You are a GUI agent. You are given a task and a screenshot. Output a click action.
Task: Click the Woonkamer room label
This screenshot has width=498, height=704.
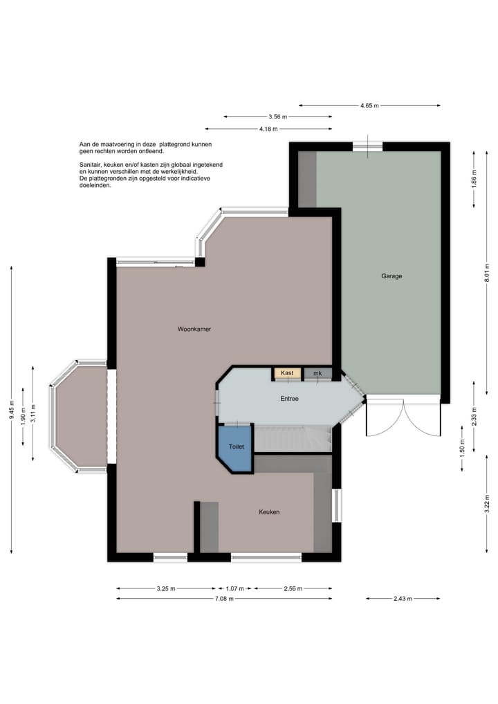tap(194, 330)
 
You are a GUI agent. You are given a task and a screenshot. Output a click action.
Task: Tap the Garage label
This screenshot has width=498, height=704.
tap(391, 276)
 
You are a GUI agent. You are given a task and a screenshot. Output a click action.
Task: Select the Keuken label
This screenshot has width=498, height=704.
tap(269, 512)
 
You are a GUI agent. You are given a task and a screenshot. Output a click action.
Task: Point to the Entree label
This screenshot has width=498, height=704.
tap(289, 399)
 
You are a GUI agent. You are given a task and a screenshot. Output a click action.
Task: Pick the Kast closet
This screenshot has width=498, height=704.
tap(287, 374)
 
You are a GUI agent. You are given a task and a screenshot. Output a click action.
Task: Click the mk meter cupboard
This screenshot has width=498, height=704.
tap(317, 374)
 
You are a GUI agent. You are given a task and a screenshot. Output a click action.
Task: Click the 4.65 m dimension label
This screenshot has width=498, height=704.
tap(369, 105)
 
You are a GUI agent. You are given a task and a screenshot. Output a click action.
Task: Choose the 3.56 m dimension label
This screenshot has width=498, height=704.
tap(278, 117)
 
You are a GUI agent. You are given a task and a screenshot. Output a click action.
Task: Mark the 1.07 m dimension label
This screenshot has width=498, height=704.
tap(235, 588)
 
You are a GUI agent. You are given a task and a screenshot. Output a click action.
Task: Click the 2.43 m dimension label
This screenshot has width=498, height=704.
tap(403, 599)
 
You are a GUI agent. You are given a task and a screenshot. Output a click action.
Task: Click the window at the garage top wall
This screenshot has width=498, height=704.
tap(367, 146)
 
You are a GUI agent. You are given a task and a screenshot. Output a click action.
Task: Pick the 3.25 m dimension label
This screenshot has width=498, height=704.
tap(166, 588)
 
